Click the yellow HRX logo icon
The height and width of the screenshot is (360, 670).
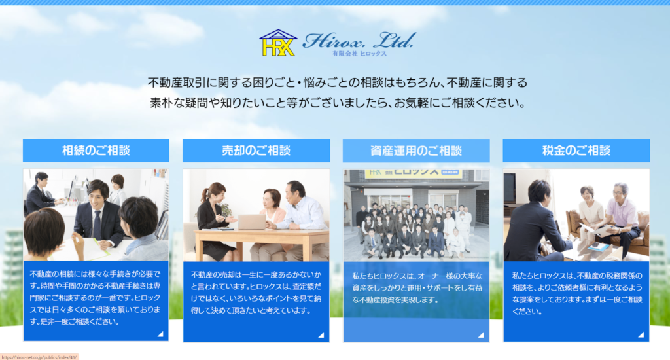pyautogui.click(x=277, y=43)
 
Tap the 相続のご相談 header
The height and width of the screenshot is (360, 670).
pyautogui.click(x=96, y=151)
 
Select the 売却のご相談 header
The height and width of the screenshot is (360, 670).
pyautogui.click(x=256, y=151)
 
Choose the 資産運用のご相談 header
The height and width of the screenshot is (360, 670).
pyautogui.click(x=416, y=151)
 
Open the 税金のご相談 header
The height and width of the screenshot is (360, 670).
pyautogui.click(x=576, y=151)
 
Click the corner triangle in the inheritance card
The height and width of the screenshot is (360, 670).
pyautogui.click(x=160, y=334)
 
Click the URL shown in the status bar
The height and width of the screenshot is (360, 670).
pyautogui.click(x=39, y=357)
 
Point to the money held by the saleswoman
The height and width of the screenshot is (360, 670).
pyautogui.click(x=226, y=209)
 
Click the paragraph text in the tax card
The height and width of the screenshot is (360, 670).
pyautogui.click(x=576, y=293)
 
